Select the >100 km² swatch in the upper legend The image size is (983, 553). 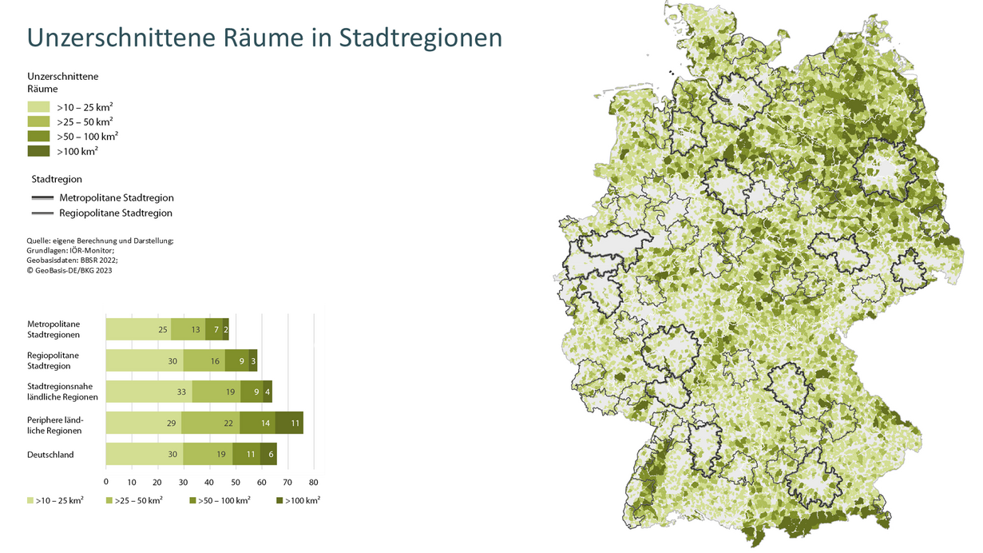pyautogui.click(x=38, y=151)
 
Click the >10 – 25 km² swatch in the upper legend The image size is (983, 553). pyautogui.click(x=38, y=106)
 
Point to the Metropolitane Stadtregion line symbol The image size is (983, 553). pyautogui.click(x=42, y=197)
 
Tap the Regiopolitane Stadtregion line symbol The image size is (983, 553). pyautogui.click(x=42, y=213)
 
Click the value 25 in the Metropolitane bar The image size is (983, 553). pyautogui.click(x=163, y=329)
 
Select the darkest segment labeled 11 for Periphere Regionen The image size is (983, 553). pyautogui.click(x=295, y=423)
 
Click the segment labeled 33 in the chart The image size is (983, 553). pyautogui.click(x=181, y=392)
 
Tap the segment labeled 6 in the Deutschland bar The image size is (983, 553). pyautogui.click(x=272, y=454)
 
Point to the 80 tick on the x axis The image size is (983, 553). pyautogui.click(x=314, y=482)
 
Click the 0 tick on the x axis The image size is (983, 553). pyautogui.click(x=106, y=482)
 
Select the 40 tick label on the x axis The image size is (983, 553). pyautogui.click(x=210, y=482)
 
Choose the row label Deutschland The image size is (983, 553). pyautogui.click(x=50, y=455)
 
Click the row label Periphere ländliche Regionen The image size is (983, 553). pyautogui.click(x=54, y=424)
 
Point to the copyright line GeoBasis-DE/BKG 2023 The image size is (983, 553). pyautogui.click(x=69, y=270)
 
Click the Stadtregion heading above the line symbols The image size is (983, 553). pyautogui.click(x=57, y=179)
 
